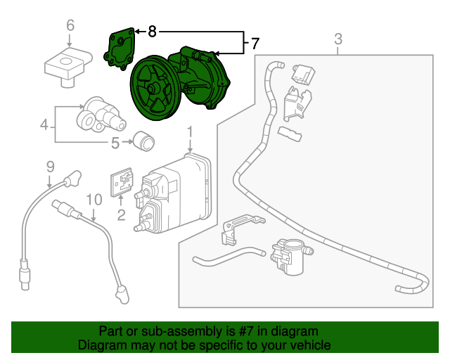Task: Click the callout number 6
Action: click(x=70, y=26)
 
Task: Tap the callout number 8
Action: click(x=153, y=32)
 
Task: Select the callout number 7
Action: click(x=255, y=44)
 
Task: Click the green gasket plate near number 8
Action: click(x=118, y=49)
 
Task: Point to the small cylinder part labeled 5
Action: click(x=145, y=142)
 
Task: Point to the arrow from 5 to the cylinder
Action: click(x=128, y=143)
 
